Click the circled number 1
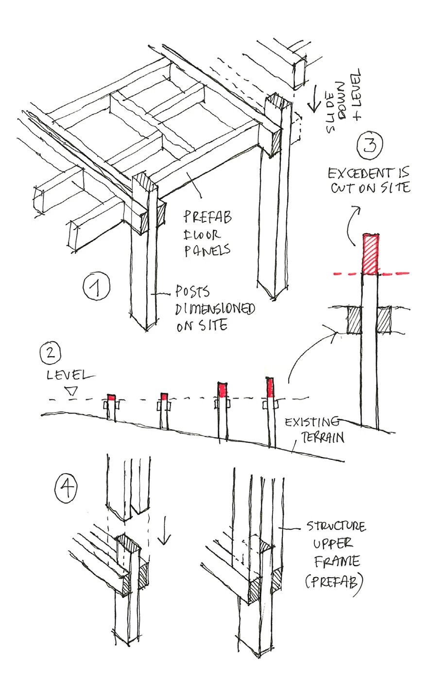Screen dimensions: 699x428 [96, 288]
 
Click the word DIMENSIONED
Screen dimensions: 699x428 [216, 309]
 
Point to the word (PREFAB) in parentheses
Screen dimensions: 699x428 [335, 581]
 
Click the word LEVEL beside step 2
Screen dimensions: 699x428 [68, 375]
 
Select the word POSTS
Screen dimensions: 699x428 [192, 293]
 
